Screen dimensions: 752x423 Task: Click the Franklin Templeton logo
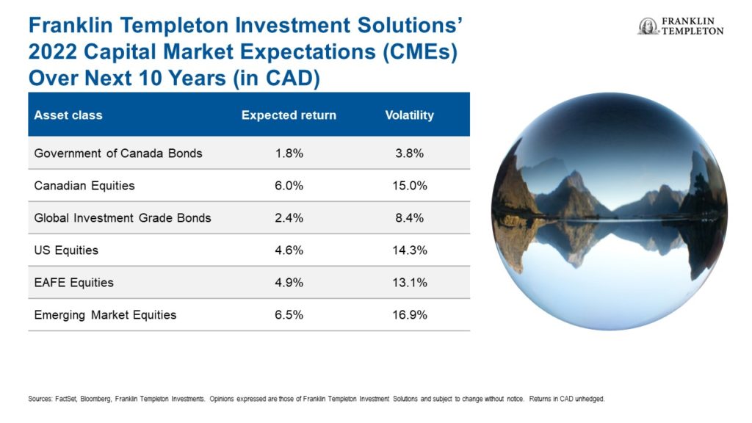click(681, 26)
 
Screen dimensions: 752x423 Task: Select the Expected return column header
click(289, 115)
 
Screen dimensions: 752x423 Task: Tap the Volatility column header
click(410, 115)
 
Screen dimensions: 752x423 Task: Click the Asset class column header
click(68, 115)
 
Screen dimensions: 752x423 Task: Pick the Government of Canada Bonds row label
click(118, 153)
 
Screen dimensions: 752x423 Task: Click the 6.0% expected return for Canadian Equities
click(289, 186)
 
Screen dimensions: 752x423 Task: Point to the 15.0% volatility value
click(410, 186)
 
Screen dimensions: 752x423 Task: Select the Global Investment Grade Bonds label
click(123, 217)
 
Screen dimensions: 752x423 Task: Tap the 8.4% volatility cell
click(410, 217)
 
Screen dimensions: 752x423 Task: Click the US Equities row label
click(66, 250)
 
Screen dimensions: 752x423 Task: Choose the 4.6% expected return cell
click(289, 250)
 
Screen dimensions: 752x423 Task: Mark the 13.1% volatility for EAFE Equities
click(410, 283)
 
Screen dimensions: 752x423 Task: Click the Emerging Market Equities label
click(105, 315)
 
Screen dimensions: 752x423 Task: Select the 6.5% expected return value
click(289, 315)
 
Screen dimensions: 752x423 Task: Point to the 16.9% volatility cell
click(410, 315)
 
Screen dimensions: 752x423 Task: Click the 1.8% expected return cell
click(289, 153)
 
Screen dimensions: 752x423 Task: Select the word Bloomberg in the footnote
click(96, 399)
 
